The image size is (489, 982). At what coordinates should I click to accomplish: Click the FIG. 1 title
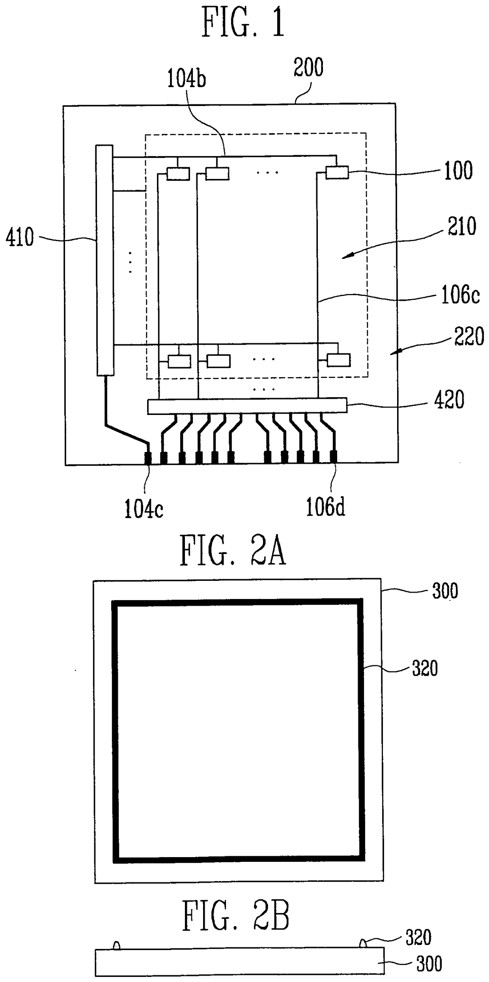[x=243, y=23]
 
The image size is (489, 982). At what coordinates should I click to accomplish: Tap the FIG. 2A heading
[x=233, y=551]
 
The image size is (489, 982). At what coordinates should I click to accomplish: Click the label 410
[x=20, y=237]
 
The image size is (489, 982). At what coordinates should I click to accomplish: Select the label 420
[x=449, y=400]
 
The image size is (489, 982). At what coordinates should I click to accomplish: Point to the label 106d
[x=325, y=508]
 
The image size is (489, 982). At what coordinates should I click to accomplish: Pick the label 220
[x=469, y=337]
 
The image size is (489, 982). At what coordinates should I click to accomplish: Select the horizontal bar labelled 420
[x=247, y=406]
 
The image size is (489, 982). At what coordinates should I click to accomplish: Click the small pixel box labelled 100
[x=337, y=173]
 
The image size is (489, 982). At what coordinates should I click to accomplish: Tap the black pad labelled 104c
[x=148, y=458]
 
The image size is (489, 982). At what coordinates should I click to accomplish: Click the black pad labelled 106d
[x=334, y=457]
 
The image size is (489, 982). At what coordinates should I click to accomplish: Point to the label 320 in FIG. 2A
[x=425, y=669]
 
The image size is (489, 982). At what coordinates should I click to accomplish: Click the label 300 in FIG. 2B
[x=429, y=964]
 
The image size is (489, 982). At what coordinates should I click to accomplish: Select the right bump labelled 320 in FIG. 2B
[x=363, y=944]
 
